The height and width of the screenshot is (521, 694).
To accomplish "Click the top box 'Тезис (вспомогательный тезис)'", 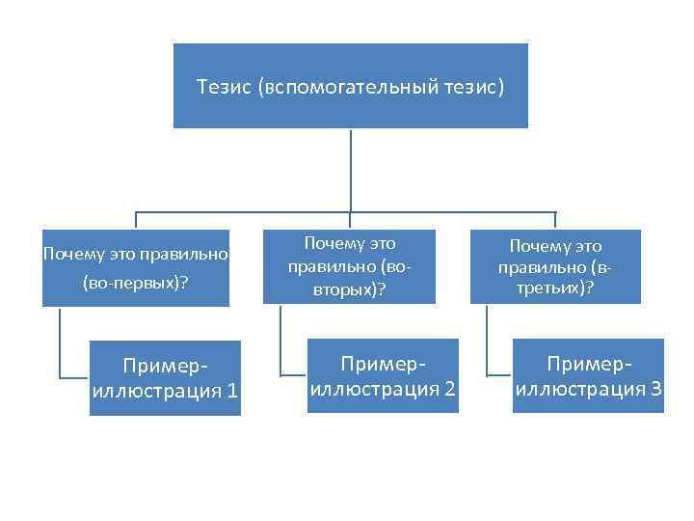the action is pos(350,86).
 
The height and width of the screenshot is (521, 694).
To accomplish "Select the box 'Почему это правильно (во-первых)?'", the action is pos(136,267).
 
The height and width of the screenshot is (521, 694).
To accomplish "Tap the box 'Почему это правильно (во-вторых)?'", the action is pos(350,267).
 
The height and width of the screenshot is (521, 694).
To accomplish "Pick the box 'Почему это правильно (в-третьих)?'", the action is pos(555,267).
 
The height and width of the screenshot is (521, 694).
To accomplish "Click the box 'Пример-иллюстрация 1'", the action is pos(165,378).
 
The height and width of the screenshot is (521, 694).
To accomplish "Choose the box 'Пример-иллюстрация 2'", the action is pos(383,376).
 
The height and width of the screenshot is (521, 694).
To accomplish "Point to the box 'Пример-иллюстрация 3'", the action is pos(588,376).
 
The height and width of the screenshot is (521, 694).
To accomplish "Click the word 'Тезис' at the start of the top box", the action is pos(224,87).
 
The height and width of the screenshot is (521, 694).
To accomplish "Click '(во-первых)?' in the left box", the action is pos(135,285).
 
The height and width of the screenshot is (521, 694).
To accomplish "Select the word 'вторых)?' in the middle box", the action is pos(349,288).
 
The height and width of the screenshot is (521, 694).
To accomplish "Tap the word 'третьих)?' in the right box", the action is pos(555,288).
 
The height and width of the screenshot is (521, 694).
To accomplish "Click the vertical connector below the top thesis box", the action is pos(350,169).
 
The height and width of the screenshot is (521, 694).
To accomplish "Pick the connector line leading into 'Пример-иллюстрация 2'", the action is pos(281,343).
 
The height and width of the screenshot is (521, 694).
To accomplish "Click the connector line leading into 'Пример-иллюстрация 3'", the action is pos(487,343).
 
